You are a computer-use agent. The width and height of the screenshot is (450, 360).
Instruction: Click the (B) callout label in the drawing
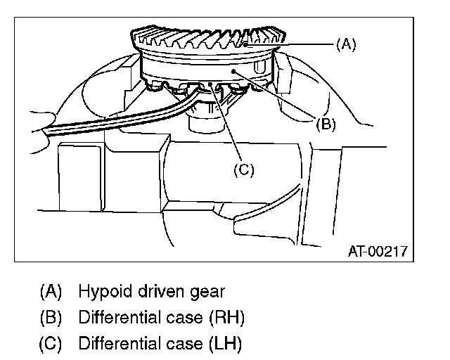(325, 125)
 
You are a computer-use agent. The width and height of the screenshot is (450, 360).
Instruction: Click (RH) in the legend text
(227, 318)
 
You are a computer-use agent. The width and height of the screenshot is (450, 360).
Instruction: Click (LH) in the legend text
(225, 345)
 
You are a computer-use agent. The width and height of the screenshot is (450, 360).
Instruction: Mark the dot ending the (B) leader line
(233, 72)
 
